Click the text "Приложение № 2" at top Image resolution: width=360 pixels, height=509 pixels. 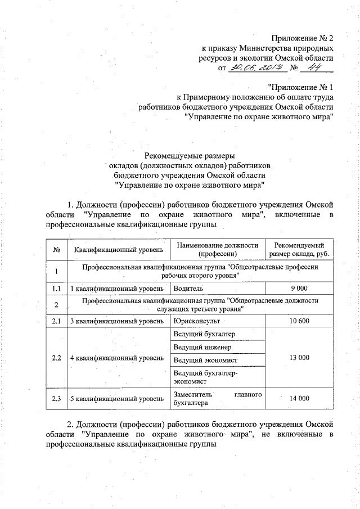pos(302,39)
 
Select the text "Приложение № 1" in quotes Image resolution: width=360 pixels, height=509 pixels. pos(300,87)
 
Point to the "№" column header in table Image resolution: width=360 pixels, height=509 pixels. pos(56,250)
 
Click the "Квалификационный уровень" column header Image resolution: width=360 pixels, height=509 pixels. pos(116,250)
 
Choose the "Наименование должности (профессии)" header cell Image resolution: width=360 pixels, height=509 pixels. pos(217,250)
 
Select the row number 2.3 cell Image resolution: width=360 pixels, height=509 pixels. pos(56,399)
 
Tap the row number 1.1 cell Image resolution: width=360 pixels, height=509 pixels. pos(56,289)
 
